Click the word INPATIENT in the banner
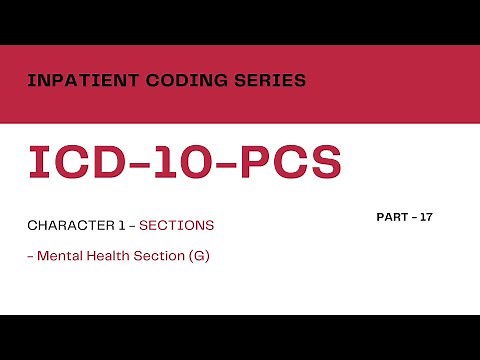coord(72,80)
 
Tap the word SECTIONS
coord(182,226)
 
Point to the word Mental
coord(62,256)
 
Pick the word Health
coord(112,256)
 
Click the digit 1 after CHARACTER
coord(123,226)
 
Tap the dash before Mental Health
coord(30,257)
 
